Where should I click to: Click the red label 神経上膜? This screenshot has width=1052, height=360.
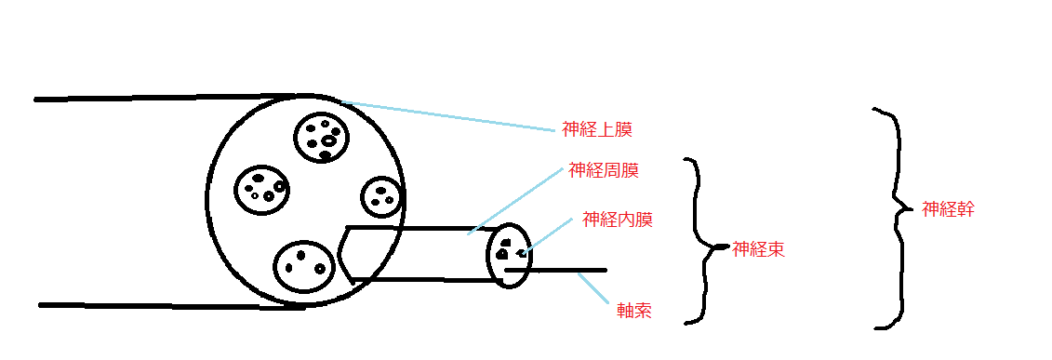tap(596, 129)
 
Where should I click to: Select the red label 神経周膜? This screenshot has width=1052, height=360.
tap(603, 170)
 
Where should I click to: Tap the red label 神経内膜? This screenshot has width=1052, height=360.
tap(618, 220)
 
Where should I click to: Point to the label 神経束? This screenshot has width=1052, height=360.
tap(759, 250)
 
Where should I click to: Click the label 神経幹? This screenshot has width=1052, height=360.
tap(948, 208)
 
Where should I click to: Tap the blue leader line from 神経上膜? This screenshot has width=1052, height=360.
tap(449, 115)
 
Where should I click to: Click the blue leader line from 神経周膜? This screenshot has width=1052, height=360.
tap(515, 200)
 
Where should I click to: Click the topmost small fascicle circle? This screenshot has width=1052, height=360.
tap(323, 138)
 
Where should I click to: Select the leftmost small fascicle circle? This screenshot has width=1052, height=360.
tap(263, 189)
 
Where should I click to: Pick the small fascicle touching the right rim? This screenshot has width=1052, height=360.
tap(382, 195)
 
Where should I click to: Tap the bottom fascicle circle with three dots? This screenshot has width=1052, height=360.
tap(304, 267)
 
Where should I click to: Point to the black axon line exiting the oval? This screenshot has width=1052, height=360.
tap(555, 270)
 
